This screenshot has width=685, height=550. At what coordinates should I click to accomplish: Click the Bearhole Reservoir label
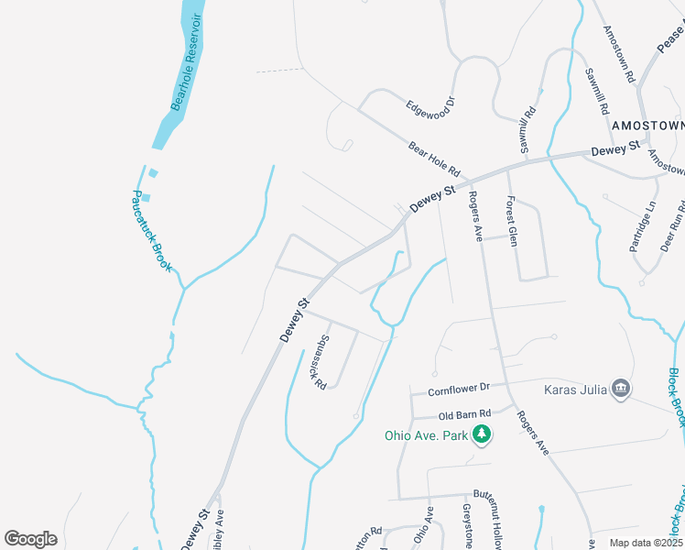point(186,62)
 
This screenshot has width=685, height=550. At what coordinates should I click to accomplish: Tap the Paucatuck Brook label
point(151,231)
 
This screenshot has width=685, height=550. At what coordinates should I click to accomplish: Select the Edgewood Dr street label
point(430,106)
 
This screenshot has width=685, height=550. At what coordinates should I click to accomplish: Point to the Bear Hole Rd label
point(433,160)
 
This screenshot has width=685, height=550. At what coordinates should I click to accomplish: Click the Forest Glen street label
point(512,224)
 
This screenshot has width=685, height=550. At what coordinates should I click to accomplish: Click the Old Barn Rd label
point(465,413)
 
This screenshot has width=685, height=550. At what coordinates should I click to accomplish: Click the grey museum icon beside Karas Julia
point(621,389)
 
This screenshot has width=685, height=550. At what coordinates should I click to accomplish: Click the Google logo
point(30,539)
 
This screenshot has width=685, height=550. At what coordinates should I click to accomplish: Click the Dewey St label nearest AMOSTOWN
point(614,148)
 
